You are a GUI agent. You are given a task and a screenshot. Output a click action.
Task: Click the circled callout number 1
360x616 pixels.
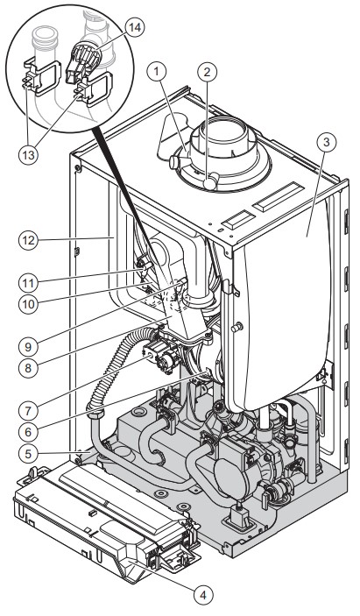click(158, 72)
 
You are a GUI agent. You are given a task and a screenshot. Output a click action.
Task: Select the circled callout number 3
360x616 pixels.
click(327, 142)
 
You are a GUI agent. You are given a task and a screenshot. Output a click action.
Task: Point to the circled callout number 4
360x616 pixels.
click(203, 596)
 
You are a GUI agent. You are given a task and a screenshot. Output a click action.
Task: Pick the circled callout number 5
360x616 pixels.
click(28, 454)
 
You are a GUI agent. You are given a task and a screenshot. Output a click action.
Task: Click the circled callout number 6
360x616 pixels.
click(28, 433)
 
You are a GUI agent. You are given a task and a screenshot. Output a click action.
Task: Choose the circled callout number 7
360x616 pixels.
click(28, 411)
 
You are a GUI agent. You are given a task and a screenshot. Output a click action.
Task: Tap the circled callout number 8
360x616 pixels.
click(28, 369)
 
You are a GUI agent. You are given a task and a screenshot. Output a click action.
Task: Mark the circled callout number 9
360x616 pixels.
click(28, 347)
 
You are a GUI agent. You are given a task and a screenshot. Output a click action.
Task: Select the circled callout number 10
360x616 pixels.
click(28, 304)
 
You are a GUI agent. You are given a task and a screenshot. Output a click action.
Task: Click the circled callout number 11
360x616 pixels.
click(28, 283)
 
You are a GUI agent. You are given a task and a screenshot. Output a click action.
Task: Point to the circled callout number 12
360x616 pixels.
click(28, 240)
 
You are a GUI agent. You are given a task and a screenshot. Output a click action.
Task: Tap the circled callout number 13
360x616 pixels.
click(28, 155)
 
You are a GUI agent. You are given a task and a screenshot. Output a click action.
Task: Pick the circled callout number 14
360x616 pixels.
click(135, 28)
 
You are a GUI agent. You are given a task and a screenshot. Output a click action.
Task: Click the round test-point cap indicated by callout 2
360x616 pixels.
click(211, 182)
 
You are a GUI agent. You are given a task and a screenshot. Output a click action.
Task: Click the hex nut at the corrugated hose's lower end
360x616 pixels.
click(95, 414)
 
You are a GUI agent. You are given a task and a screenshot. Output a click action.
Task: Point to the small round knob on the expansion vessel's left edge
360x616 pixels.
click(236, 327)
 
